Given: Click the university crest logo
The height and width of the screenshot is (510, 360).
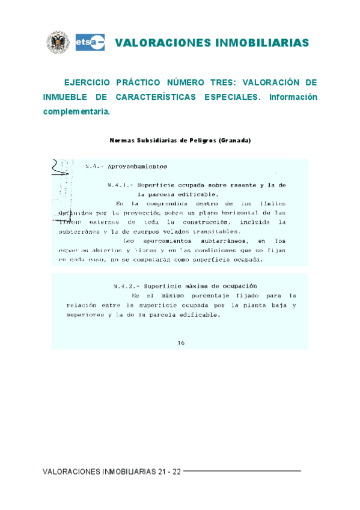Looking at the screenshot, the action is [x=58, y=42].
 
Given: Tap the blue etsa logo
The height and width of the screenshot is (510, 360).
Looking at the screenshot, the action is [x=90, y=42].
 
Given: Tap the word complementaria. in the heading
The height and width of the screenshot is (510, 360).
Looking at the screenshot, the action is [x=76, y=112].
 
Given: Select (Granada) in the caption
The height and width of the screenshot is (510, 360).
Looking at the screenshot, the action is [x=235, y=140].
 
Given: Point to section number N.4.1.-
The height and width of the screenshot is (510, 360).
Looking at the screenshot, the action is [x=119, y=185].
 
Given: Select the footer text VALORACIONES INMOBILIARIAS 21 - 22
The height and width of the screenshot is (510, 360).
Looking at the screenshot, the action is [x=112, y=472].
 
